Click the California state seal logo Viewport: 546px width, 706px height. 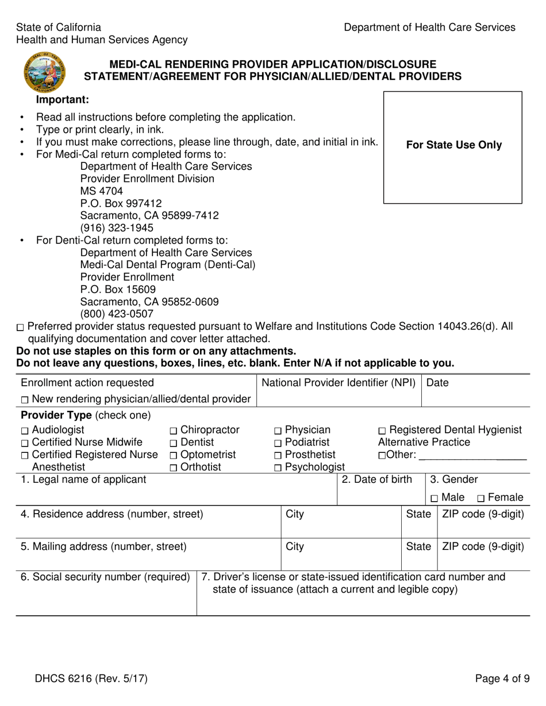(44, 72)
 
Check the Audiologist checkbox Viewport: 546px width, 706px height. (24, 431)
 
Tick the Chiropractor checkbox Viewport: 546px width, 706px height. (174, 431)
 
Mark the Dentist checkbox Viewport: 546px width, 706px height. (174, 443)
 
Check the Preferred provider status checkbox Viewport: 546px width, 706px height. (21, 328)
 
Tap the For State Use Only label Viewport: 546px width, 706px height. (453, 145)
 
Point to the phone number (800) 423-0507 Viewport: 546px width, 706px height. (117, 314)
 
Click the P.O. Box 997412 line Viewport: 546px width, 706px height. (121, 203)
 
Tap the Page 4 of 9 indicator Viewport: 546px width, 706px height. (502, 679)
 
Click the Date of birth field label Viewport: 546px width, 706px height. (377, 480)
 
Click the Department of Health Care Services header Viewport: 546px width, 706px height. (429, 28)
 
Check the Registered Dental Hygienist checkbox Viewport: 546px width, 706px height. (382, 431)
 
